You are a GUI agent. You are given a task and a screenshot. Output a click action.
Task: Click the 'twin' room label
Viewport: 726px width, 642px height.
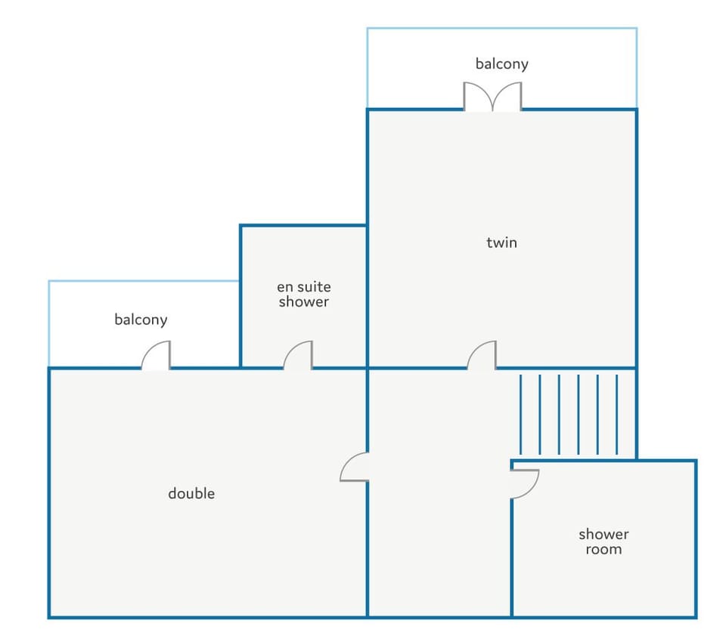501,242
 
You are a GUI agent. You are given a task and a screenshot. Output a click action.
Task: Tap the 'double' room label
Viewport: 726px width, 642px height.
191,493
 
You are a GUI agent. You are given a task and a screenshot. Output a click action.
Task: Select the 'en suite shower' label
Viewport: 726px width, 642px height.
304,294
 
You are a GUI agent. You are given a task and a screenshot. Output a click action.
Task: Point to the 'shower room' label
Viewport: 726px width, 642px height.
603,542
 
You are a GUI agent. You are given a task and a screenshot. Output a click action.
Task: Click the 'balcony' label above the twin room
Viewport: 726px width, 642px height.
502,64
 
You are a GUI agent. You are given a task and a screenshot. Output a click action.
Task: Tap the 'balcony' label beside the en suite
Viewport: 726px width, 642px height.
141,319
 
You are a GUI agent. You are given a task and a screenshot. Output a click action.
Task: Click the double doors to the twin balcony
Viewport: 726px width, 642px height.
492,97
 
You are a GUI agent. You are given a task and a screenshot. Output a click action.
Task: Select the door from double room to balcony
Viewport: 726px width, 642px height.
156,355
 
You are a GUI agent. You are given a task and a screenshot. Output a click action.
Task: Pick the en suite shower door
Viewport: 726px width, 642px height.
298,355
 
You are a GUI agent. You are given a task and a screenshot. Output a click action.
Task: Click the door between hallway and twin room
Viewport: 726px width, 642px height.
482,355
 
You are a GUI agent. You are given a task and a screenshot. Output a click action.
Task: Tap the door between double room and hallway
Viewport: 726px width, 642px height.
354,468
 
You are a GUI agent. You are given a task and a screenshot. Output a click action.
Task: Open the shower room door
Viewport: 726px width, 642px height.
525,484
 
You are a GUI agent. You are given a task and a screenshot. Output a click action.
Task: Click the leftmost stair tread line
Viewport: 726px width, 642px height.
521,415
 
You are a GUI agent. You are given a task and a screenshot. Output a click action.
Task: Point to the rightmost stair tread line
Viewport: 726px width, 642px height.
617,415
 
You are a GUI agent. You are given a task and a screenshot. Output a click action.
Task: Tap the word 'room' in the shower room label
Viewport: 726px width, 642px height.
603,550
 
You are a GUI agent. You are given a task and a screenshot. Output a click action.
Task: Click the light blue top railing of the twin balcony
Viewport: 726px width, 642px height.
502,28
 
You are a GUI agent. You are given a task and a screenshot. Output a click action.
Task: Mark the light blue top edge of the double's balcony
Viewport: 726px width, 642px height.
144,281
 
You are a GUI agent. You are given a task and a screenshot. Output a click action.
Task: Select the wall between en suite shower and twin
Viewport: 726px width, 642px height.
368,297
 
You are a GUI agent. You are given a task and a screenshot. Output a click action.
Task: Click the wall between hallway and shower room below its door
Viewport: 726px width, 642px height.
512,557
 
